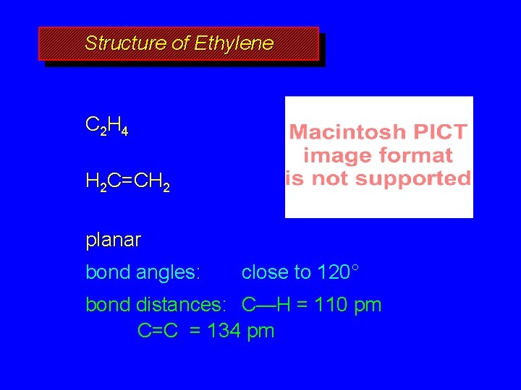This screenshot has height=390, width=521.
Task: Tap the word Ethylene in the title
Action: tap(234, 43)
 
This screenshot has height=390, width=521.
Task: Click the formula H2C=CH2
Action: tap(128, 183)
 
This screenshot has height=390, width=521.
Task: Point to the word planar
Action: tap(113, 239)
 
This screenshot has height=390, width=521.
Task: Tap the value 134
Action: tap(225, 331)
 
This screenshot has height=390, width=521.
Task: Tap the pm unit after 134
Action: tap(260, 331)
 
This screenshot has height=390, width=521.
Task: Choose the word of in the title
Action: tap(180, 43)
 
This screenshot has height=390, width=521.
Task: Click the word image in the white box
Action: tap(337, 155)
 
